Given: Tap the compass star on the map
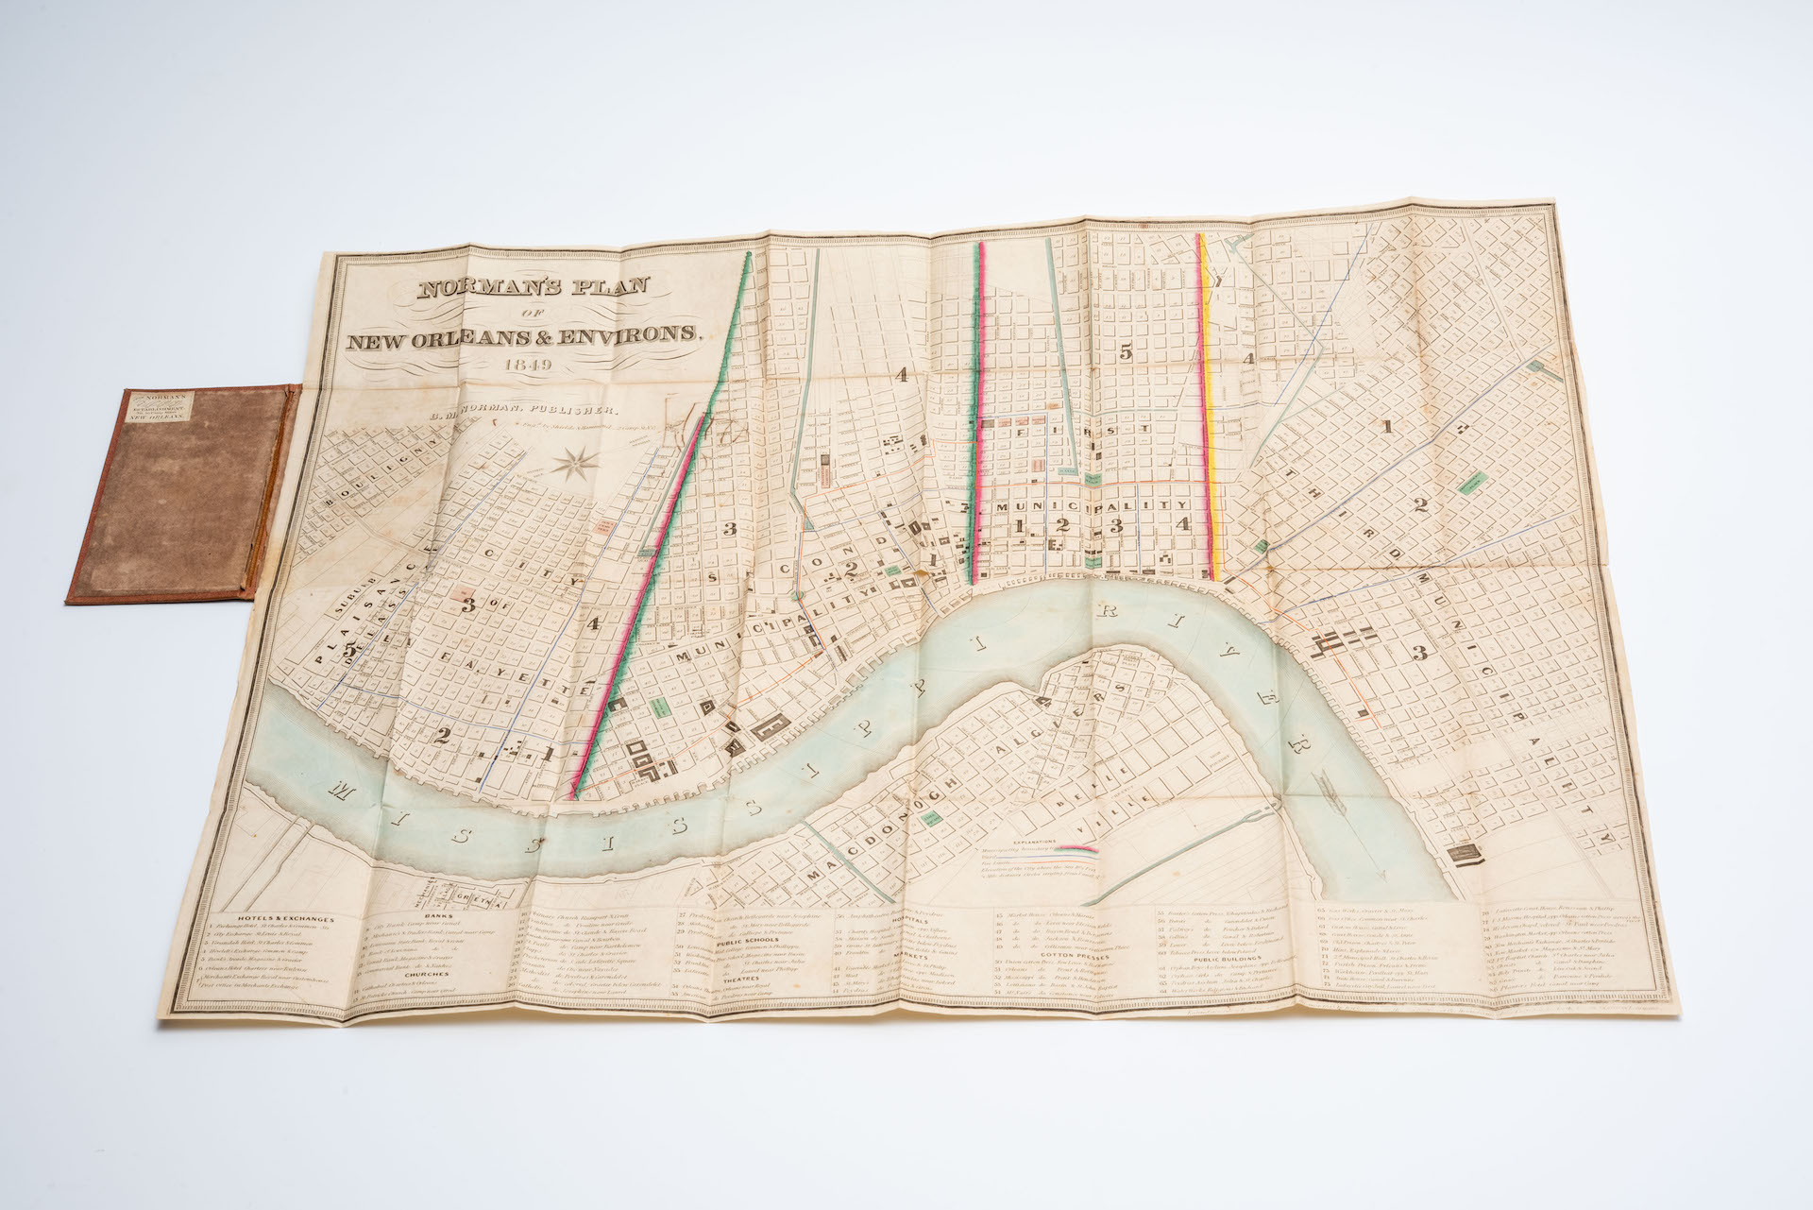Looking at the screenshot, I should (573, 464).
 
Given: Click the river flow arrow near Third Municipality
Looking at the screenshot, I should (1325, 781).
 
